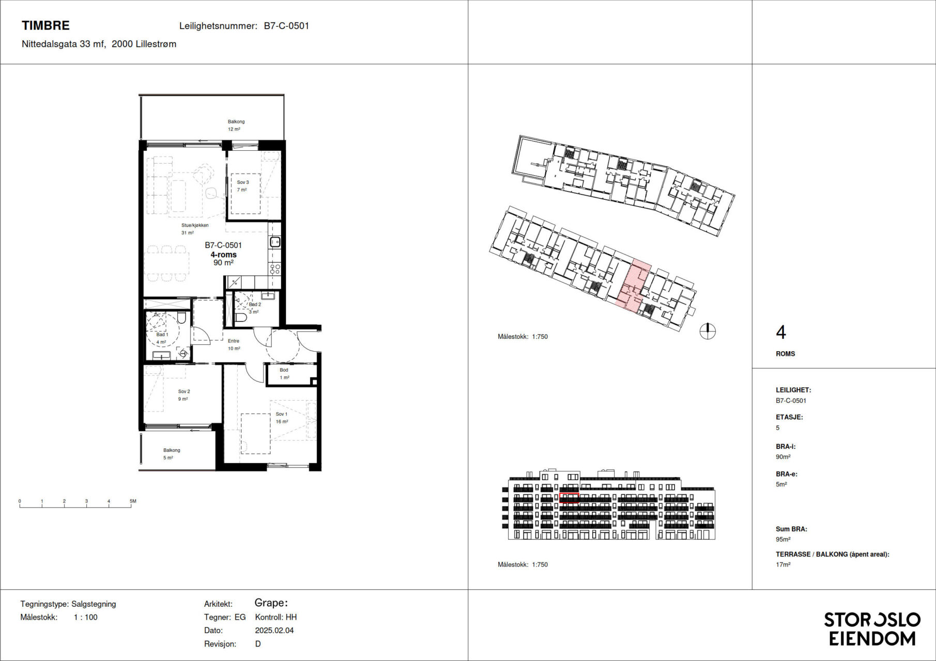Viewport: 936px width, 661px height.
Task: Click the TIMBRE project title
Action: click(x=45, y=25)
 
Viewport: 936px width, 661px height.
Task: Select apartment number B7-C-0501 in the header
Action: click(x=286, y=26)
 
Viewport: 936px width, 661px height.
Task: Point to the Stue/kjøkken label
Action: click(x=195, y=226)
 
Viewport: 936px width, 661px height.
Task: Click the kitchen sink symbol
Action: click(x=275, y=242)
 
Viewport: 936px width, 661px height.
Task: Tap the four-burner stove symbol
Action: click(x=275, y=269)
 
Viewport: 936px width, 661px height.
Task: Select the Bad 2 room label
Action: click(x=255, y=305)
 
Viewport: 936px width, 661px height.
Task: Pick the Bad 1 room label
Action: click(x=162, y=335)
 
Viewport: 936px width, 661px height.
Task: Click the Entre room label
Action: click(x=234, y=341)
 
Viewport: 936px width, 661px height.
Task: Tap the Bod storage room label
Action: click(x=284, y=370)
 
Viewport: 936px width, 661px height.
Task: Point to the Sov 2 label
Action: click(x=184, y=391)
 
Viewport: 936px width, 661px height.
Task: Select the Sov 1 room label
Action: click(x=281, y=414)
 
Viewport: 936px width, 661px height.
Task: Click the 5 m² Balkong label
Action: click(x=172, y=450)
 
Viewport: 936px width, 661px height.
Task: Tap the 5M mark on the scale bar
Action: click(x=133, y=501)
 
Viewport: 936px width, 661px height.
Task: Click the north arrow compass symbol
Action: click(x=708, y=331)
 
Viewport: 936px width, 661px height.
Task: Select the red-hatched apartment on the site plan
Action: click(x=633, y=286)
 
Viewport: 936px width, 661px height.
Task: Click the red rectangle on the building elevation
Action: click(x=569, y=498)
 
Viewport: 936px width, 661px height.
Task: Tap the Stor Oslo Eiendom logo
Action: click(x=872, y=629)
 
